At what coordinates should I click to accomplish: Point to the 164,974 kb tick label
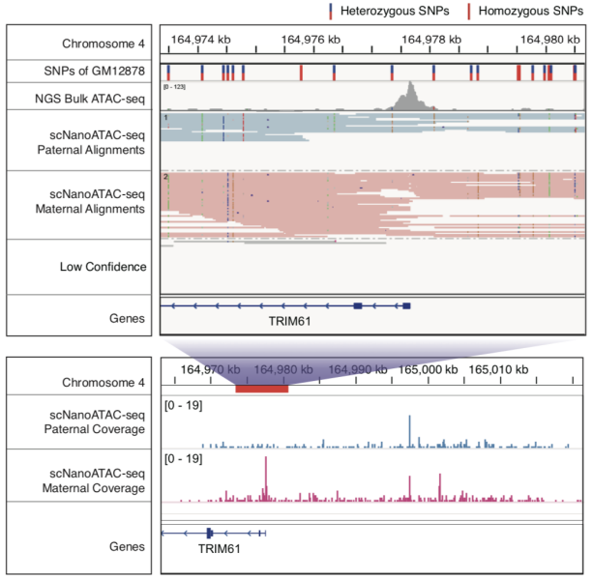[199, 40]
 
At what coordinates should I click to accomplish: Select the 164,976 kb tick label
[311, 40]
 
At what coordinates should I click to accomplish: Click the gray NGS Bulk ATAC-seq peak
[413, 96]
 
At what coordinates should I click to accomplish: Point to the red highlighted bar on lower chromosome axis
[261, 388]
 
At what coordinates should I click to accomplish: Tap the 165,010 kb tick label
[499, 369]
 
